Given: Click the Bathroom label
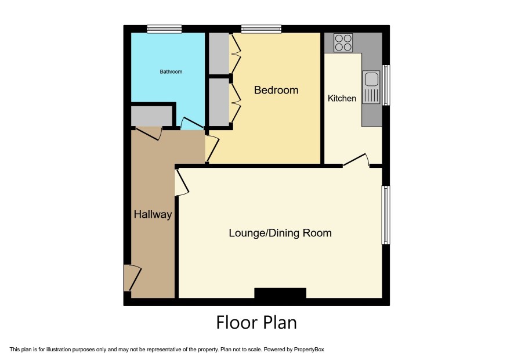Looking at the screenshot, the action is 171,71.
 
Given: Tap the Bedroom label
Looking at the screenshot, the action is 276,90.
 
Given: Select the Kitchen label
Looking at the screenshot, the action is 342,98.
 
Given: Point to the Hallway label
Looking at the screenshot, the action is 153,215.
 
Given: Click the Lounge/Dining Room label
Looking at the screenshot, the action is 280,233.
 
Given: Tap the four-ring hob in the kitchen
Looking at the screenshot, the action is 343,42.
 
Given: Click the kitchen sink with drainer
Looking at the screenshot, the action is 371,87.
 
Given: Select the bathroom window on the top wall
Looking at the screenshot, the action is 164,29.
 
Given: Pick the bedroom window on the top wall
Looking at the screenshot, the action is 261,29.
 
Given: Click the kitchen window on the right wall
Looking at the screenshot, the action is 386,85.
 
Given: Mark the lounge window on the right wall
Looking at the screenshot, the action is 386,215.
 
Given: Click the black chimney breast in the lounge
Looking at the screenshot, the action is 280,293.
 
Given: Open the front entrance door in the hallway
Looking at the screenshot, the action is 132,278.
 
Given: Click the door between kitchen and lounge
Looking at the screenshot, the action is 356,160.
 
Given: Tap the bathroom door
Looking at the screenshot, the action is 192,123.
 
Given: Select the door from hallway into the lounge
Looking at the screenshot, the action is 182,183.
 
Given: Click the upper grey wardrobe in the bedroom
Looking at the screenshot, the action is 219,53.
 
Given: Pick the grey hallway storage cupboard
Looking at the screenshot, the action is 151,116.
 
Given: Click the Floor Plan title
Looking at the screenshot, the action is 256,322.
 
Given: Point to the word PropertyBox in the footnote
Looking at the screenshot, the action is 309,350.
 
